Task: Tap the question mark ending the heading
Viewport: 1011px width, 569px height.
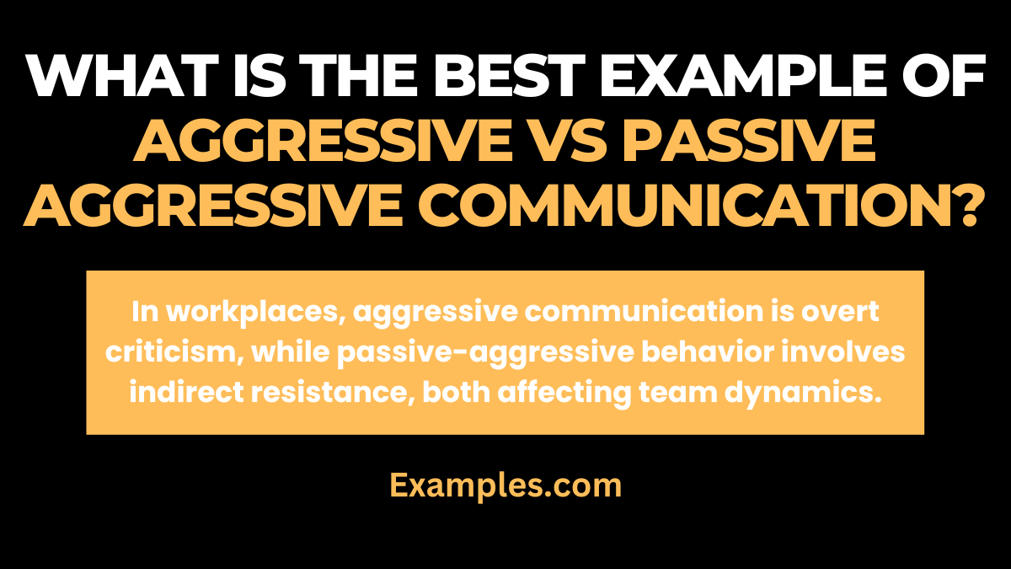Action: point(964,207)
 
